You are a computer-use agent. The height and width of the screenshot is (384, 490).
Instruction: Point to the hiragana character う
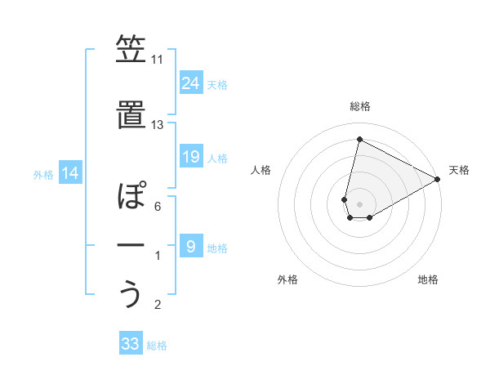130,292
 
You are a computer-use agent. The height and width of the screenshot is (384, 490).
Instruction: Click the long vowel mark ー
130,245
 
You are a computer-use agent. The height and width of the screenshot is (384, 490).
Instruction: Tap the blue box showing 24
191,83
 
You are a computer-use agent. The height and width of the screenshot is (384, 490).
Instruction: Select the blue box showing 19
191,157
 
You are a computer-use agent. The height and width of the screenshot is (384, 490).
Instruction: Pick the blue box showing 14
69,173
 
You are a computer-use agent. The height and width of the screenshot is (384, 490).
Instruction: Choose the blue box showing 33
130,344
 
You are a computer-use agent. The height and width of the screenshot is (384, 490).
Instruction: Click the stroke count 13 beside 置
157,125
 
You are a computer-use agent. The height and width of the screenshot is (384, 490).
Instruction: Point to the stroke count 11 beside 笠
157,60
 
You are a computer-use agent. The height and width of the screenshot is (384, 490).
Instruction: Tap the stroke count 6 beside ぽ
157,206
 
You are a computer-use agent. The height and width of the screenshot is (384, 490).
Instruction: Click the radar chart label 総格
359,106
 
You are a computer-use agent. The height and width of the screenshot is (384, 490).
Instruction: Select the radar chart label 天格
459,170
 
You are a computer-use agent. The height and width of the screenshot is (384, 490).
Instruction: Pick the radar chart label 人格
261,170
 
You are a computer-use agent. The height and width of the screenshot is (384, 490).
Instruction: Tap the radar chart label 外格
287,279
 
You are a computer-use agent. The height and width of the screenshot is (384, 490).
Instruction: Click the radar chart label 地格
428,279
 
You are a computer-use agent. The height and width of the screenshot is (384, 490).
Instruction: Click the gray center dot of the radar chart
359,203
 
